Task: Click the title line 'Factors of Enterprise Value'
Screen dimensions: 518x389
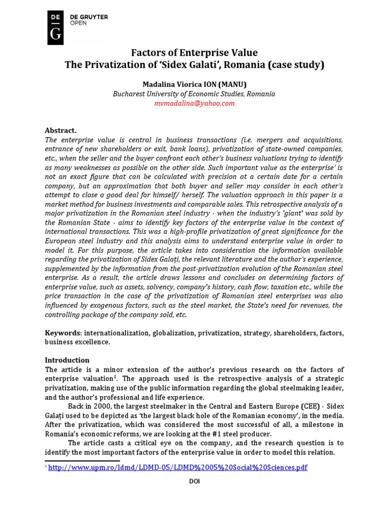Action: click(194, 53)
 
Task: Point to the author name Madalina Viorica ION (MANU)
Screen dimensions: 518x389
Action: click(194, 84)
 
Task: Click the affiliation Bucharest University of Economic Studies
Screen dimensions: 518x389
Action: click(194, 94)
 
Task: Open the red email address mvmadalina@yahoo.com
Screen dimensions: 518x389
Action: click(194, 103)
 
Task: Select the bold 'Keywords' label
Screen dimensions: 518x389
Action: click(63, 333)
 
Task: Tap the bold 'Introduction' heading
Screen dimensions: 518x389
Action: click(67, 360)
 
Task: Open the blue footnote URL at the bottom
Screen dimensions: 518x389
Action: click(178, 467)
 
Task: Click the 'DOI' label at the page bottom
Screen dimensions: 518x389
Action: click(194, 482)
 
